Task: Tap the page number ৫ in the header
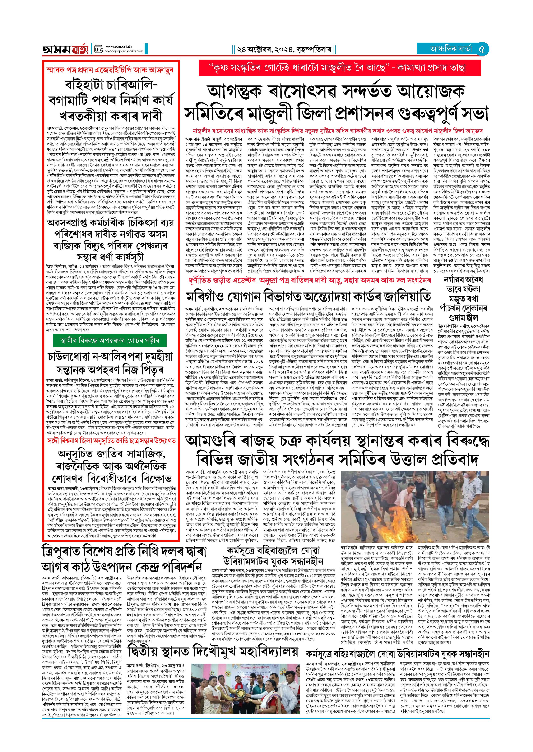point(482,49)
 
